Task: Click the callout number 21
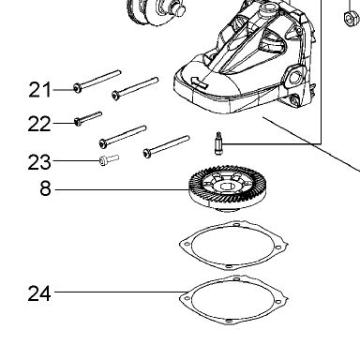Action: (39, 90)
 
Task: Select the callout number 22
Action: (39, 124)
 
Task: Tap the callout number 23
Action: (39, 162)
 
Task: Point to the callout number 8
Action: (46, 189)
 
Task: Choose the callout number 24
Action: (39, 293)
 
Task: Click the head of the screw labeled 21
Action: (77, 88)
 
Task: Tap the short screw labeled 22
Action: (88, 118)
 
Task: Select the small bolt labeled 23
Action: (109, 159)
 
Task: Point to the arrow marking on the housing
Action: (199, 82)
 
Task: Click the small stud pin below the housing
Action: (218, 142)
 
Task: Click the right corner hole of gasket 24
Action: (278, 302)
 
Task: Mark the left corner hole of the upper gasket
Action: (187, 245)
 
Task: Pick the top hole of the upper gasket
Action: (236, 224)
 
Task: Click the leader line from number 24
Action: (117, 292)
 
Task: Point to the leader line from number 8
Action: (122, 189)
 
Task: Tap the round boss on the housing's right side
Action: (293, 77)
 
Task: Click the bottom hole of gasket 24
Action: (229, 321)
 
